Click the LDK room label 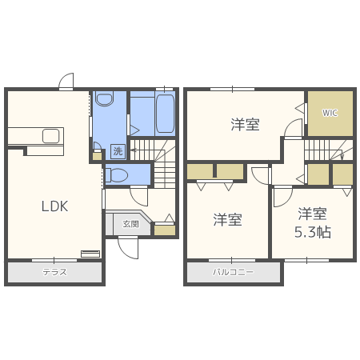click(54, 206)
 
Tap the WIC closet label click(330, 113)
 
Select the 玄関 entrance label click(130, 224)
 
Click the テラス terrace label click(55, 272)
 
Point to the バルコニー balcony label click(233, 272)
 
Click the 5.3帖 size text click(313, 232)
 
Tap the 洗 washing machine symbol click(118, 151)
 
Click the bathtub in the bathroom click(165, 114)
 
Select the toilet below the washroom click(117, 175)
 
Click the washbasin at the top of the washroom click(105, 98)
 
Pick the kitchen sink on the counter click(50, 136)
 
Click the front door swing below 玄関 click(128, 248)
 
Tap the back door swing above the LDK click(66, 81)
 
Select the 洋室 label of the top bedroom click(245, 125)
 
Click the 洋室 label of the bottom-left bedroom click(227, 220)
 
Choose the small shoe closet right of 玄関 click(165, 230)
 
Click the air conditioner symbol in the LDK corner click(90, 254)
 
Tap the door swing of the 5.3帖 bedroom click(283, 198)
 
